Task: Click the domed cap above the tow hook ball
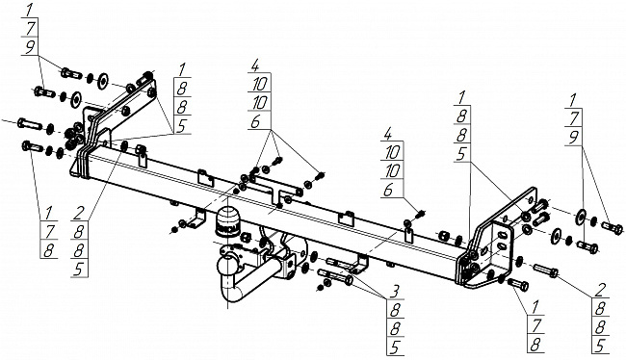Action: click(227, 222)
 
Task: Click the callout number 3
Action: click(395, 292)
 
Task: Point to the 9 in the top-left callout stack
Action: click(30, 47)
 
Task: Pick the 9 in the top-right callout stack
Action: click(574, 138)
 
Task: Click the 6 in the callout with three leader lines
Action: click(255, 122)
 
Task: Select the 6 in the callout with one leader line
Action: click(388, 190)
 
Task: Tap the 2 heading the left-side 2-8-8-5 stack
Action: click(78, 214)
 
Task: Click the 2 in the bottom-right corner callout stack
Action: click(598, 290)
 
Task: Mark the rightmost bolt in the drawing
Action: click(612, 227)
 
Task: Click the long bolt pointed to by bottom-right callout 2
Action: click(545, 270)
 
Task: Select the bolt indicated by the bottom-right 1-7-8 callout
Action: click(518, 284)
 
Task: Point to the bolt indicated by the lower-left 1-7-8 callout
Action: click(33, 146)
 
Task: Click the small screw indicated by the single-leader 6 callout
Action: click(421, 214)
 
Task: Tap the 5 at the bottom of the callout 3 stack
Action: click(395, 347)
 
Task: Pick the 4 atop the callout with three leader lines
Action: click(255, 65)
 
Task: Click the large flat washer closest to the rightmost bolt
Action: click(581, 215)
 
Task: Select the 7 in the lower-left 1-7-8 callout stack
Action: click(49, 231)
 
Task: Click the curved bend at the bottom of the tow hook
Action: click(231, 294)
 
